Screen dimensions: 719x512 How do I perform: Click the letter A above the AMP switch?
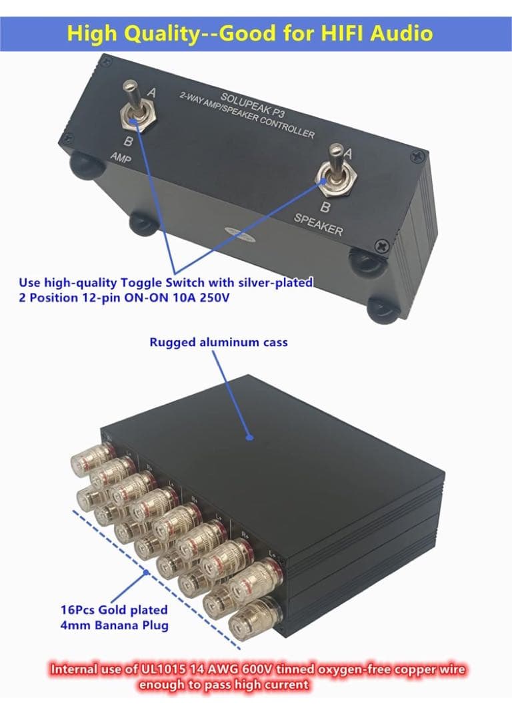point(151,93)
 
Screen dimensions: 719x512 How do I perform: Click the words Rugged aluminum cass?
point(219,342)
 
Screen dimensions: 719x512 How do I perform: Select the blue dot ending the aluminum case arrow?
point(249,437)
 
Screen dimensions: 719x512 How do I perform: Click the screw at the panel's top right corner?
point(418,156)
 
